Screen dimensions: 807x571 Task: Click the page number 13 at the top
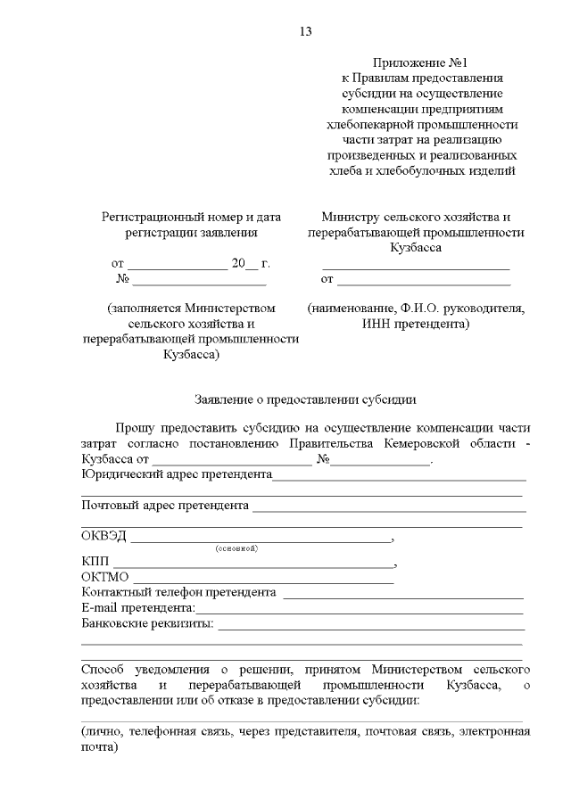pyautogui.click(x=305, y=32)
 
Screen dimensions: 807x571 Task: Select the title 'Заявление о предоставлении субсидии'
pyautogui.click(x=306, y=399)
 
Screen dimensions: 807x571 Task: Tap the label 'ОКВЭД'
pyautogui.click(x=103, y=537)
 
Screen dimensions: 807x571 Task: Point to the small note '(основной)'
pyautogui.click(x=236, y=548)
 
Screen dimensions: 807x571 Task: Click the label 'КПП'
pyautogui.click(x=94, y=562)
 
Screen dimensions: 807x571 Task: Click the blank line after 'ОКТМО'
pyautogui.click(x=263, y=581)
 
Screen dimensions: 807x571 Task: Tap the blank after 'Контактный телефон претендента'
pyautogui.click(x=403, y=595)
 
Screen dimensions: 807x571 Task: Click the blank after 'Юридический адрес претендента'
pyautogui.click(x=399, y=478)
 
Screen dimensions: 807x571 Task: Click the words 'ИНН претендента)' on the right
pyautogui.click(x=416, y=324)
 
